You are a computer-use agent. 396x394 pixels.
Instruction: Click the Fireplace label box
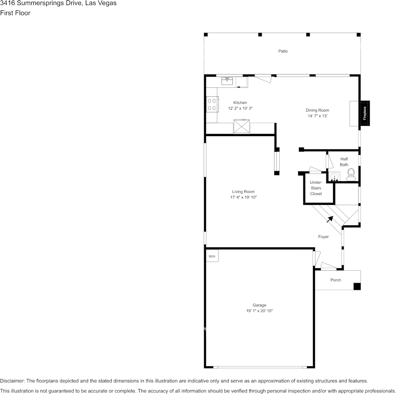tap(364, 113)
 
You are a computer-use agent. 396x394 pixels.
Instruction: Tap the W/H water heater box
tap(212, 256)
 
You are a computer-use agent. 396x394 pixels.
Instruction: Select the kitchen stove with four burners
tap(212, 105)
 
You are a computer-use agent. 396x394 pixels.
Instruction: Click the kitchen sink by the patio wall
tap(227, 81)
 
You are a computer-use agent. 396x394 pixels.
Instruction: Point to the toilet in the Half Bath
tap(351, 175)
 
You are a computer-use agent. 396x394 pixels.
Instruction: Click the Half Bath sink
tap(334, 177)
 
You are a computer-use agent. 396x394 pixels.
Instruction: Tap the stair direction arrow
tap(330, 219)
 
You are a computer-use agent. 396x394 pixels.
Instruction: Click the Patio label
tap(283, 51)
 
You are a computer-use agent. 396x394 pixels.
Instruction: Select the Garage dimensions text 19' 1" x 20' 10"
tap(259, 311)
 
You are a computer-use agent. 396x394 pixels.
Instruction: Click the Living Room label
tap(243, 192)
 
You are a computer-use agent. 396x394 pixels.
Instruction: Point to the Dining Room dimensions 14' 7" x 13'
tap(318, 116)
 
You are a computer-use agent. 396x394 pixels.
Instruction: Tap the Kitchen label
tap(240, 102)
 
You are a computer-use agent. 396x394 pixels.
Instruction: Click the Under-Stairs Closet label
tap(316, 188)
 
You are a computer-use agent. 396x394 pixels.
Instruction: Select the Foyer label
tap(323, 237)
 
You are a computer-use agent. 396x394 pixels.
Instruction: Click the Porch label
tap(336, 280)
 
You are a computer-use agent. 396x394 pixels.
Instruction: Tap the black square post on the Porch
tap(357, 287)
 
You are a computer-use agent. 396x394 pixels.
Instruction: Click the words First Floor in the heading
tap(15, 13)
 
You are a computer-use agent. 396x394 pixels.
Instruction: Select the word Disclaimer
tap(12, 381)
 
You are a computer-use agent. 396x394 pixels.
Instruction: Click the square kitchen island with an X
tap(242, 126)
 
